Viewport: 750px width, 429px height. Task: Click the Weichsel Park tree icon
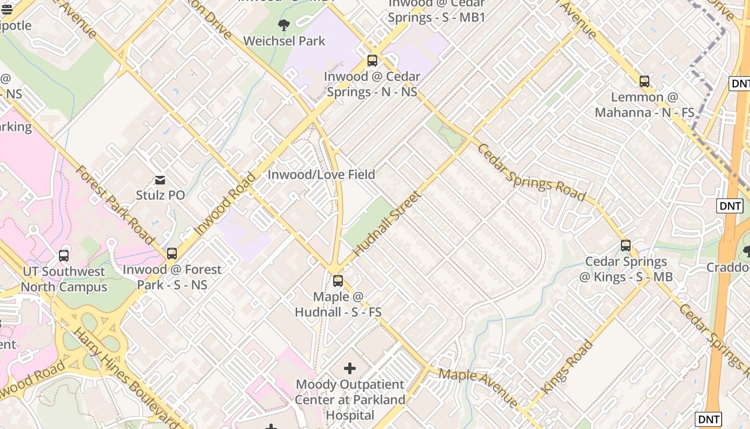[284, 25]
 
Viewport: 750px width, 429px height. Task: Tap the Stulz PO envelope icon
[160, 180]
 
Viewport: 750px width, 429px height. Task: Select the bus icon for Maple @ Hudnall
[338, 280]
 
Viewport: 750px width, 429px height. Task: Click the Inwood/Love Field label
[321, 175]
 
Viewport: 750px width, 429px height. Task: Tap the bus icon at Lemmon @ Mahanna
[644, 82]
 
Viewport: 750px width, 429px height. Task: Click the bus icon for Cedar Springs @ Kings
[626, 246]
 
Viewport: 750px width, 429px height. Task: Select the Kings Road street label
[568, 368]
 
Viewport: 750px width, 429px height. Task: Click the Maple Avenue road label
[478, 387]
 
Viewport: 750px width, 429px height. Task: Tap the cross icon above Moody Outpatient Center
[350, 368]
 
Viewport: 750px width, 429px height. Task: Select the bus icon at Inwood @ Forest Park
[172, 254]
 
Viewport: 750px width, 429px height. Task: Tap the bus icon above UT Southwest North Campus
[64, 256]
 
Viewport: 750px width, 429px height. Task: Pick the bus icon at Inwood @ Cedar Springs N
[372, 61]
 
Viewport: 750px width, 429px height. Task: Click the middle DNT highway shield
[730, 206]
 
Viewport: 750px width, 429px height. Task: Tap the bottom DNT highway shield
[708, 419]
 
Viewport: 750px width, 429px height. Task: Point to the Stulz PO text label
[160, 195]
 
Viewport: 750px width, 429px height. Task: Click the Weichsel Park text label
[284, 41]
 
